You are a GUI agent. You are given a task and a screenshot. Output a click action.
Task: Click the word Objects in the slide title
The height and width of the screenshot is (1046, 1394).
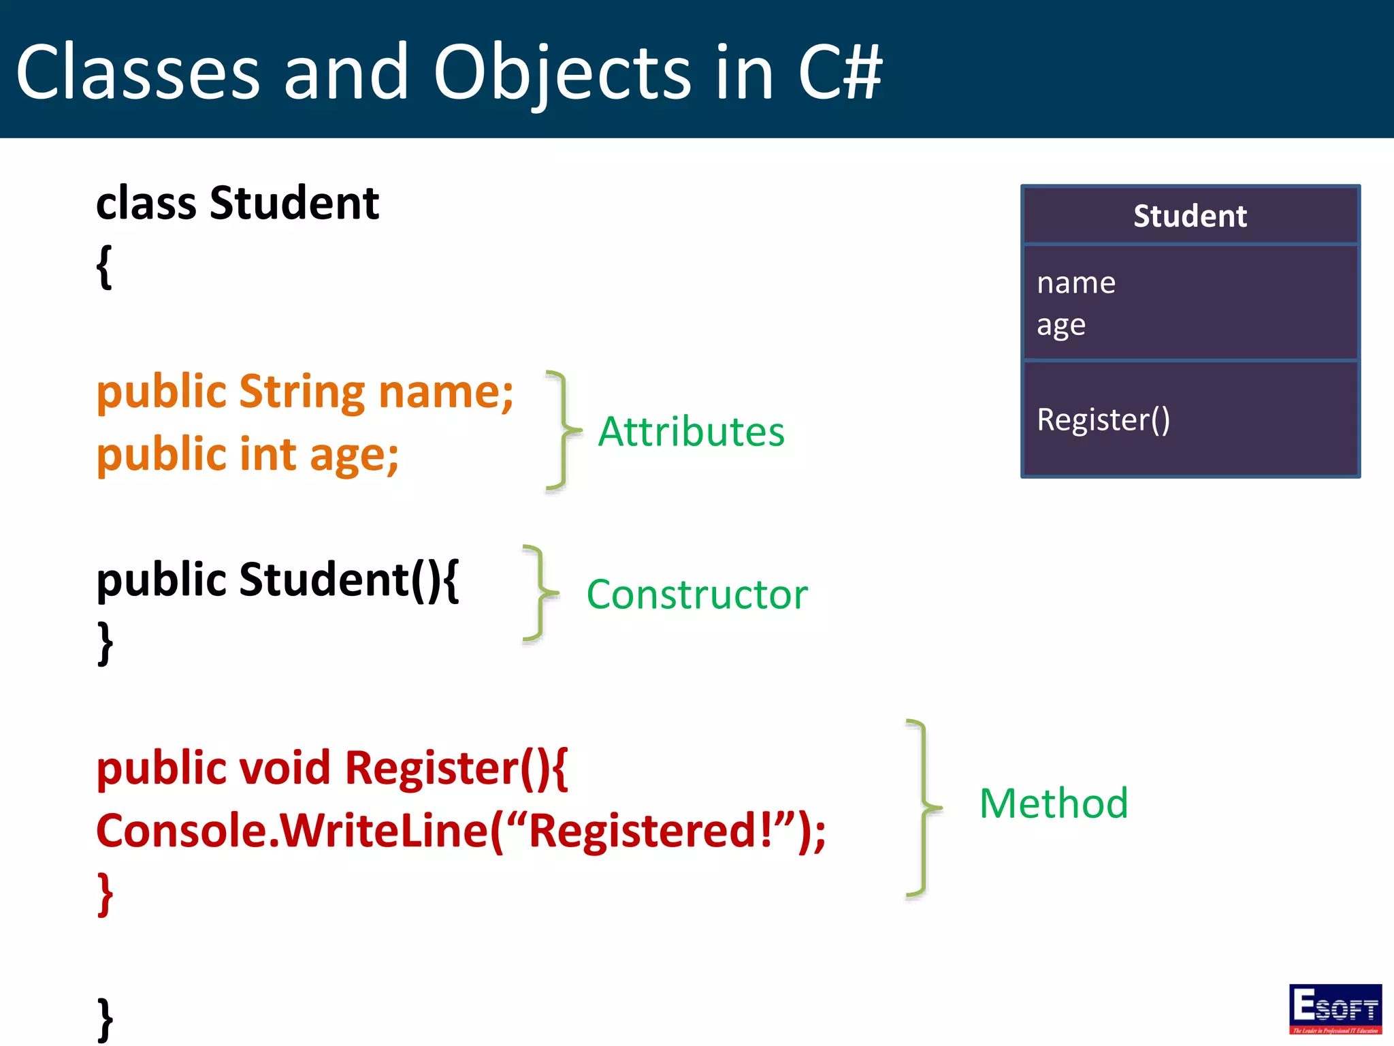coord(562,72)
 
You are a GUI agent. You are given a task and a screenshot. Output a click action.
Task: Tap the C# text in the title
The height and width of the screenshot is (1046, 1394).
coord(840,72)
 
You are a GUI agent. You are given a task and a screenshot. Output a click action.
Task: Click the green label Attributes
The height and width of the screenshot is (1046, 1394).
coord(691,432)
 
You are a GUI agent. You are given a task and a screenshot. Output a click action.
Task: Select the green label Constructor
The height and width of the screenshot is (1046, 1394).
coord(697,595)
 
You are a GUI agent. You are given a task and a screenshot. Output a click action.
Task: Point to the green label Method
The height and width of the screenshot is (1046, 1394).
coord(1054,804)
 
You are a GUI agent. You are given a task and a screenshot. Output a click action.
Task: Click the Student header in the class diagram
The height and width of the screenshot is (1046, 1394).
coord(1190,216)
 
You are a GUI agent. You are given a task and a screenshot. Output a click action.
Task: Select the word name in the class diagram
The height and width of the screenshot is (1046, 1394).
coord(1076,283)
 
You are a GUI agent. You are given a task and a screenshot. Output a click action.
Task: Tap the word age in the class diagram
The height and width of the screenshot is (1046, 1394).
coord(1061,326)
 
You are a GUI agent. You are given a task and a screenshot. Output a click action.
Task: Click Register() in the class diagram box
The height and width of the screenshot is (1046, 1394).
coord(1103,419)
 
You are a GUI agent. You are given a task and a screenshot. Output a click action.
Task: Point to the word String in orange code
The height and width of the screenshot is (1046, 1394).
coord(302,393)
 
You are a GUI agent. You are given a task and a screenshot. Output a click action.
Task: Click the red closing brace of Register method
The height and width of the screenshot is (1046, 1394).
coord(105,894)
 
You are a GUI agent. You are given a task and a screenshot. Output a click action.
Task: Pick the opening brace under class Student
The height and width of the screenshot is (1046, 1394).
coord(104,267)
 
